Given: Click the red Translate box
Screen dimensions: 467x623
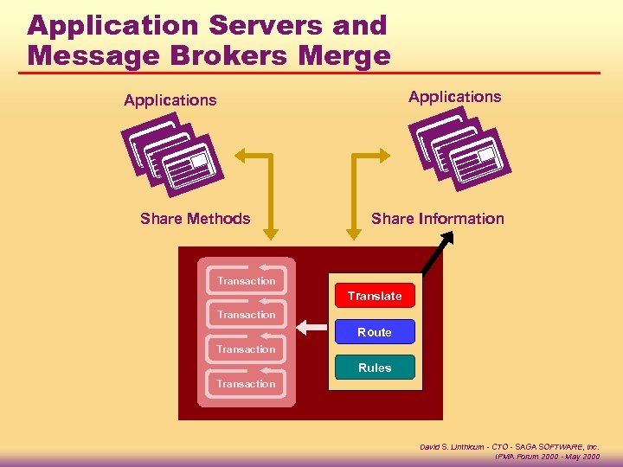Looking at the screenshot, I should [x=375, y=296].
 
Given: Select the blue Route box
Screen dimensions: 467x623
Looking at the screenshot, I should [x=375, y=332].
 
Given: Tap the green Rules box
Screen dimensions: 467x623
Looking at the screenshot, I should [x=375, y=368].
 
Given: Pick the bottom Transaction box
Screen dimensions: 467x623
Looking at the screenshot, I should [x=247, y=384].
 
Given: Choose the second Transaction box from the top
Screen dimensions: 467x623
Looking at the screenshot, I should [x=247, y=315].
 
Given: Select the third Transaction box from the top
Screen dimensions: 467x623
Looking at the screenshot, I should [x=247, y=349].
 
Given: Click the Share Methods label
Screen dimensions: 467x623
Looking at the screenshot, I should [x=196, y=219].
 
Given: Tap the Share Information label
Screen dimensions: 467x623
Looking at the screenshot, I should [x=438, y=219].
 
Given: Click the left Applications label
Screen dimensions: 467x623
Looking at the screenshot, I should [x=170, y=100].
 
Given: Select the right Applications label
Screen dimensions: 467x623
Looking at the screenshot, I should [x=455, y=97].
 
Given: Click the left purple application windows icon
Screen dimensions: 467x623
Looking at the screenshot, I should [x=172, y=155].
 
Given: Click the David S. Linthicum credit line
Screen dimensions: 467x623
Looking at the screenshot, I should [x=510, y=446].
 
